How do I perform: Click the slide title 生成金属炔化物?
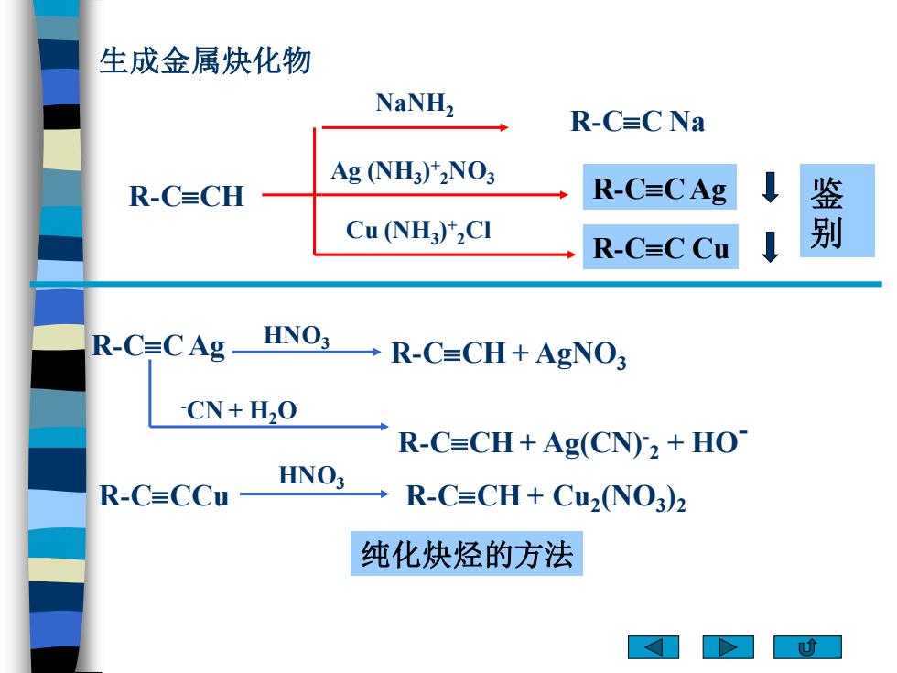coord(205,60)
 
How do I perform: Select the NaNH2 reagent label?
coord(415,104)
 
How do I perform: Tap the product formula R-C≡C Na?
coord(637,121)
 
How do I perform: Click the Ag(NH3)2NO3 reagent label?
coord(413,172)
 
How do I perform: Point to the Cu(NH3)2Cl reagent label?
coord(418,231)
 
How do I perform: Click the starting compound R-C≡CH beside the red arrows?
coord(187,196)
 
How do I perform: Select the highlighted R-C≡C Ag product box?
coord(660,187)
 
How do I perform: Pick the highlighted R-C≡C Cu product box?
coord(661,246)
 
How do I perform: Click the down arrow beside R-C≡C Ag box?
coord(771,187)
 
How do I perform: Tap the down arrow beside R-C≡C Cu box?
coord(771,246)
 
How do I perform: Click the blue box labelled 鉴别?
coord(837,211)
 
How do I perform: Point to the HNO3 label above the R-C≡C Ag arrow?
coord(297,337)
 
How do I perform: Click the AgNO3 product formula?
coord(580,355)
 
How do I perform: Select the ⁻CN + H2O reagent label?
coord(239,411)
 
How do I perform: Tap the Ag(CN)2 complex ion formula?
coord(600,444)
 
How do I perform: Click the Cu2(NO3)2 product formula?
coord(619,496)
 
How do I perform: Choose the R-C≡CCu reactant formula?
coord(164,495)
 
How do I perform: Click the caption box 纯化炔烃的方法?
coord(467,553)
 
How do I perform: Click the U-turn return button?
coord(807,647)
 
